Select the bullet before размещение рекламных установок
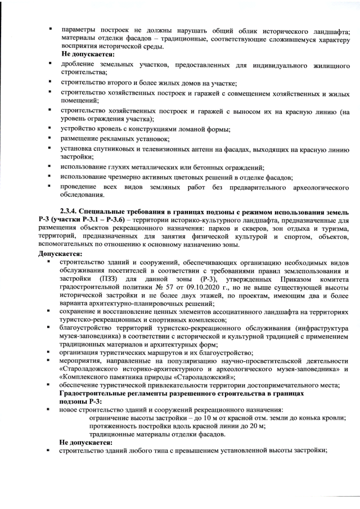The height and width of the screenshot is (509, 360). click(51, 138)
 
